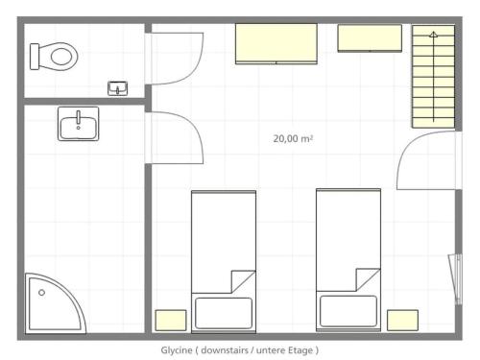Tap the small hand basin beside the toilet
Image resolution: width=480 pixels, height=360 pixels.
pos(117,88)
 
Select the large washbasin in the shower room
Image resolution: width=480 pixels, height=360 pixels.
pos(79,124)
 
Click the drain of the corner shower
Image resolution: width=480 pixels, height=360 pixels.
pos(41,293)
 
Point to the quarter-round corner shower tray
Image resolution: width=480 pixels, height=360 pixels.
pos(55,304)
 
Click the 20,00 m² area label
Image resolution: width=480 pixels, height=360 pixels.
pos(293,138)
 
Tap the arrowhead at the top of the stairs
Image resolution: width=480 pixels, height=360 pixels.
pos(433,35)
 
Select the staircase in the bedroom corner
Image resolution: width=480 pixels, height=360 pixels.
pos(433,77)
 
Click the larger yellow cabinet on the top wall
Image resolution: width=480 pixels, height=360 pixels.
pos(276,44)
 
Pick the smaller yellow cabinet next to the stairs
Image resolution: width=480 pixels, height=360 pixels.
pos(370,38)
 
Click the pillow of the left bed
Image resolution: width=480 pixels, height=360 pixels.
pos(224,313)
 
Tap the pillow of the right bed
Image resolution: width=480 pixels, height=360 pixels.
pos(348,311)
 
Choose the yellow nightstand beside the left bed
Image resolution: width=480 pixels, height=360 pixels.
pos(171,321)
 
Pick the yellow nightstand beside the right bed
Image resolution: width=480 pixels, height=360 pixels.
pos(402,321)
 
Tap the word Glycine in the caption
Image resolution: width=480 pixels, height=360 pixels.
pos(177,350)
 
